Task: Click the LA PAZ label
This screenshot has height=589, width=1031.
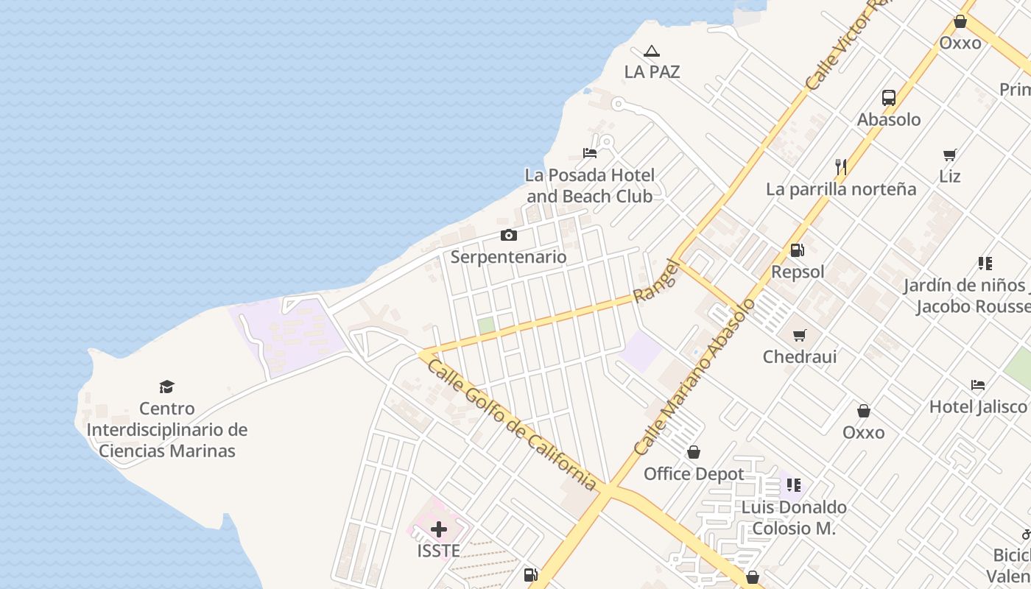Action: click(x=652, y=71)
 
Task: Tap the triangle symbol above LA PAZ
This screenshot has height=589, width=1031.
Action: click(x=651, y=52)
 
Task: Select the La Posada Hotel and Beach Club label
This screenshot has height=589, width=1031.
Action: click(x=589, y=186)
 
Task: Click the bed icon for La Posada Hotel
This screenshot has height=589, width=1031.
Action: click(x=590, y=153)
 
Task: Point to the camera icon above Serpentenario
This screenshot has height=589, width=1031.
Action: click(x=508, y=236)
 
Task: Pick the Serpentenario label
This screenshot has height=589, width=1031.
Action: click(x=508, y=257)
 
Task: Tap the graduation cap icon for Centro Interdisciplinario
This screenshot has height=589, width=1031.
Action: click(x=167, y=387)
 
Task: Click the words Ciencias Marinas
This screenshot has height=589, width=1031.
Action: click(x=167, y=451)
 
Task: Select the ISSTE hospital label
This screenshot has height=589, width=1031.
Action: click(x=439, y=551)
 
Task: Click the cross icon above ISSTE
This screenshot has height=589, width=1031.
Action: click(x=439, y=529)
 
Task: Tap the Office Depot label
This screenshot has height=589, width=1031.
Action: click(x=694, y=473)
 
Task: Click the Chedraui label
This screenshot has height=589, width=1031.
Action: click(x=800, y=356)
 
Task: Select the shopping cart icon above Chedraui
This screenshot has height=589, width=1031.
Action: click(x=800, y=336)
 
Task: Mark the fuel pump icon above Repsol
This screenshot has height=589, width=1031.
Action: click(x=798, y=250)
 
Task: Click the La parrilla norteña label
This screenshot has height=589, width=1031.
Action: click(x=841, y=188)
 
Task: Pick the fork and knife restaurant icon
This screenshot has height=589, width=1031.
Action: click(x=841, y=167)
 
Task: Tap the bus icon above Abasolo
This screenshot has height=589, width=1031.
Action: click(x=889, y=98)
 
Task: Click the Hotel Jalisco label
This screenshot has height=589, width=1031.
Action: click(x=977, y=406)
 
